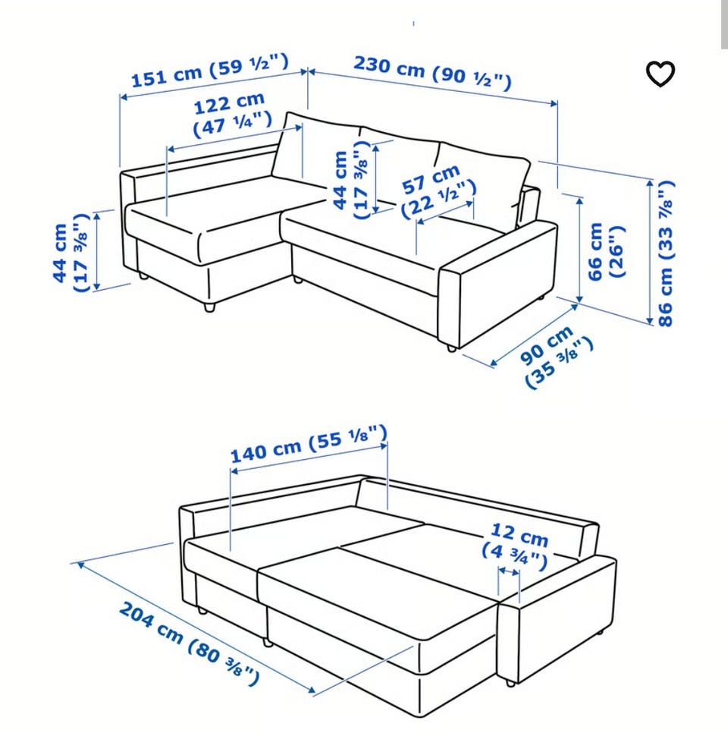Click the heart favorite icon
(x=661, y=74)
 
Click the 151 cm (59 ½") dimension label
(x=210, y=71)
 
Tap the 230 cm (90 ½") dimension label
(x=432, y=72)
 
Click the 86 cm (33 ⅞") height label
(x=665, y=253)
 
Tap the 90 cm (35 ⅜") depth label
(x=556, y=356)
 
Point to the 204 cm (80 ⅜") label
(x=189, y=643)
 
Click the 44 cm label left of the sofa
(x=71, y=253)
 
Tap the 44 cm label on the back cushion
(x=351, y=180)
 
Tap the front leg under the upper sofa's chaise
(x=209, y=307)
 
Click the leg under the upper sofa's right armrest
(x=451, y=348)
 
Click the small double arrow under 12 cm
(x=509, y=571)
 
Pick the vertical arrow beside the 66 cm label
(x=580, y=250)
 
